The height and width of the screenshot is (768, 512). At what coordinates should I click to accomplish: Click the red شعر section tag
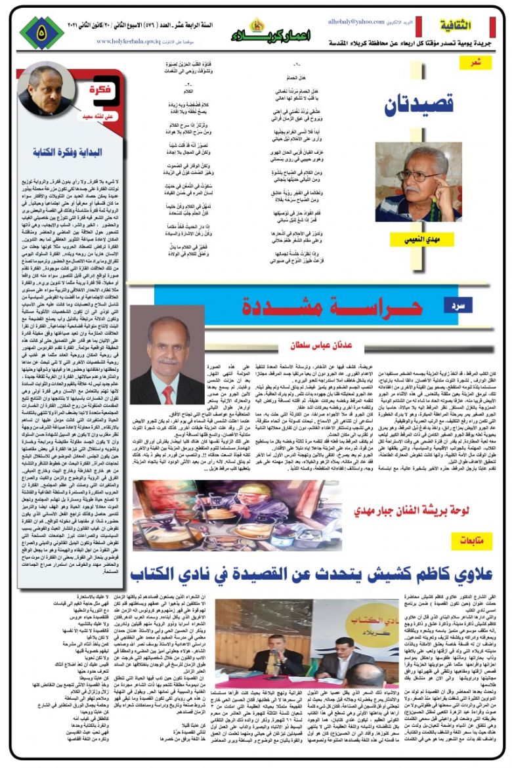[x=481, y=63]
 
